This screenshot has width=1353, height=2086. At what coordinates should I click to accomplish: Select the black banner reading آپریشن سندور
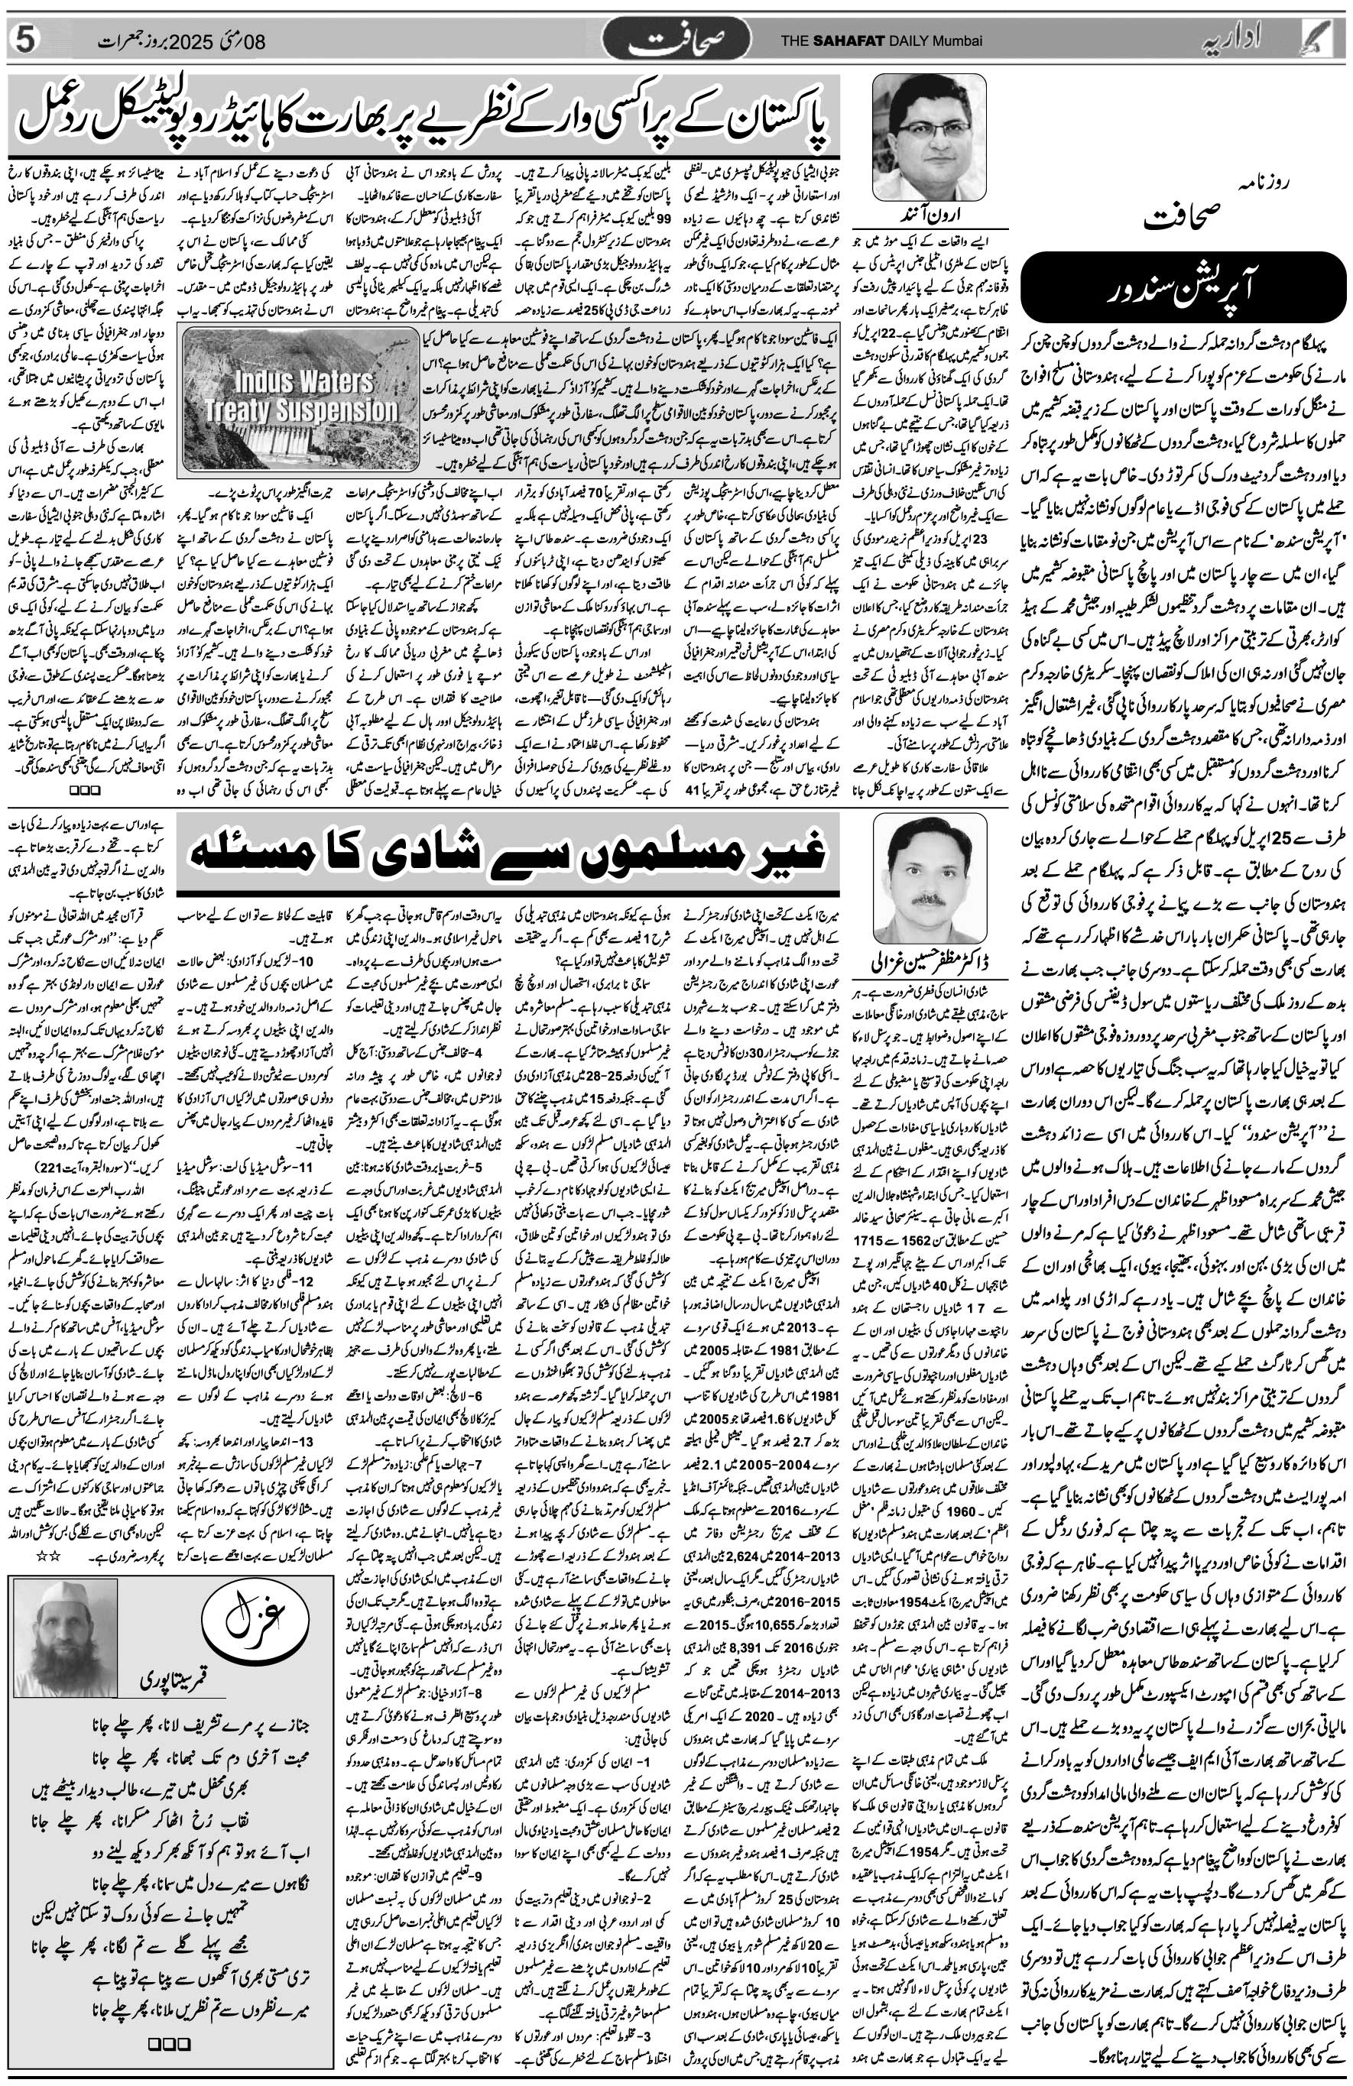[1187, 290]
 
